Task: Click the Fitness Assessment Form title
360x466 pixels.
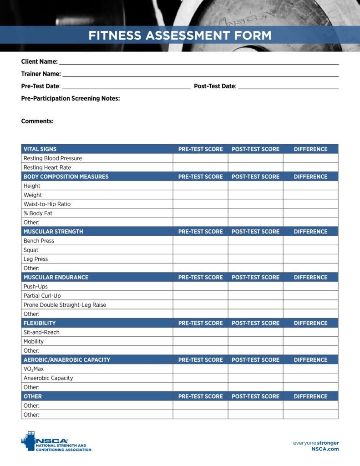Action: pyautogui.click(x=180, y=35)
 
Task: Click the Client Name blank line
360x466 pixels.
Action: pyautogui.click(x=198, y=62)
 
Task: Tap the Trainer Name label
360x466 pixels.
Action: pyautogui.click(x=41, y=74)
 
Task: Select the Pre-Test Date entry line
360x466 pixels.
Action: pyautogui.click(x=126, y=86)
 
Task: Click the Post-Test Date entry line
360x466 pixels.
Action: pyautogui.click(x=288, y=86)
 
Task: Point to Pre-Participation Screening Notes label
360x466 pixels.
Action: pyautogui.click(x=71, y=98)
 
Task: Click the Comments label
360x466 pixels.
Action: pyautogui.click(x=37, y=121)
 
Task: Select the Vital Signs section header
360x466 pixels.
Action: pyautogui.click(x=40, y=149)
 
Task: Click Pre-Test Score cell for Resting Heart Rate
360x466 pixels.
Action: pyautogui.click(x=200, y=167)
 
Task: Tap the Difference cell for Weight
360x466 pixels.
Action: pyautogui.click(x=310, y=195)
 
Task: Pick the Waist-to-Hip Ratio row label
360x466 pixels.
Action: pyautogui.click(x=47, y=204)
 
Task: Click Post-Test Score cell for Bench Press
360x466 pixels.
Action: pyautogui.click(x=255, y=241)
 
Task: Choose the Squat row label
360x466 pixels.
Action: pyautogui.click(x=31, y=250)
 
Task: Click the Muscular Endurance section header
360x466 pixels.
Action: pyautogui.click(x=56, y=277)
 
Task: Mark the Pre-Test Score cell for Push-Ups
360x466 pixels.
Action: pyautogui.click(x=200, y=286)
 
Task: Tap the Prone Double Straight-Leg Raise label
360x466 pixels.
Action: pyautogui.click(x=65, y=305)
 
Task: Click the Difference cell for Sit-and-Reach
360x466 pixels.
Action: pyautogui.click(x=310, y=332)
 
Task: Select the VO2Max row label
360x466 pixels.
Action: pyautogui.click(x=34, y=369)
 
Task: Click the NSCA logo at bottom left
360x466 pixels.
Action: pyautogui.click(x=56, y=441)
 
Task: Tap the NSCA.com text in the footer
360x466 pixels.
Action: pyautogui.click(x=325, y=449)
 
